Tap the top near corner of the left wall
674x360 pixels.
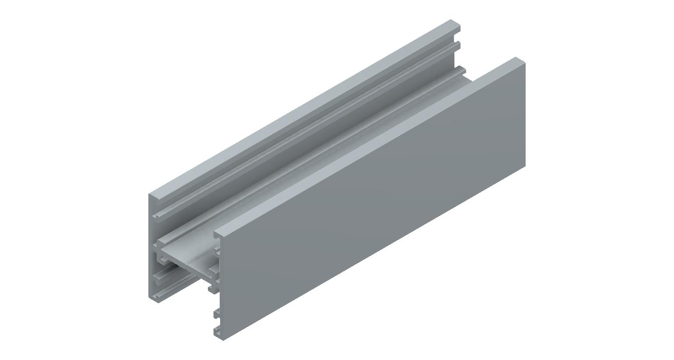150,194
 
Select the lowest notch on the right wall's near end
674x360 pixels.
216,329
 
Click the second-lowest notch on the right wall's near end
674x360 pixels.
216,314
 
